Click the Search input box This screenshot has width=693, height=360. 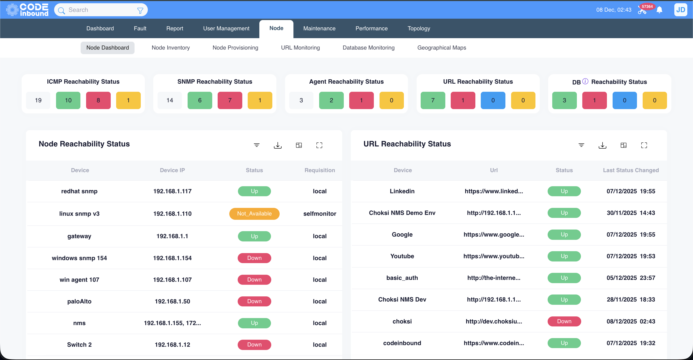tap(100, 10)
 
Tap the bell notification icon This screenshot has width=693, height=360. tap(659, 10)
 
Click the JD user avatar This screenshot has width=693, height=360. tap(681, 10)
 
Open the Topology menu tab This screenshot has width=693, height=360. tap(419, 28)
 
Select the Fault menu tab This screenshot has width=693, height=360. tap(140, 28)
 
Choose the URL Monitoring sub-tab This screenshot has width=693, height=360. tap(300, 48)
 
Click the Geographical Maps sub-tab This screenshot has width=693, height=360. tap(442, 48)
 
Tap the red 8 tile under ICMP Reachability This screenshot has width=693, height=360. tap(98, 100)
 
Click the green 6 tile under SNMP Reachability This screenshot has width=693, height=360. tap(200, 100)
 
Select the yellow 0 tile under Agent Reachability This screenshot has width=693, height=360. tap(391, 100)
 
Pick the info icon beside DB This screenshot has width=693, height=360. tap(585, 81)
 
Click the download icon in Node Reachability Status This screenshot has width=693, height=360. tap(278, 145)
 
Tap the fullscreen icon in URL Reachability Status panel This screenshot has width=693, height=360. tap(644, 145)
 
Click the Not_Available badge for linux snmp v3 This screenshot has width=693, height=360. tap(254, 214)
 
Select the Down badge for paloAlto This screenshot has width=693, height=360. tap(254, 301)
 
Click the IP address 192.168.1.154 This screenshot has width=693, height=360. tap(172, 258)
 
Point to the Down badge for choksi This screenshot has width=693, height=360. tap(564, 321)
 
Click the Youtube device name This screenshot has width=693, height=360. tap(402, 256)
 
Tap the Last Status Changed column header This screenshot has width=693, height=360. tap(631, 170)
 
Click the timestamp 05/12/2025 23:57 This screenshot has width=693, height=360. tap(631, 278)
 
